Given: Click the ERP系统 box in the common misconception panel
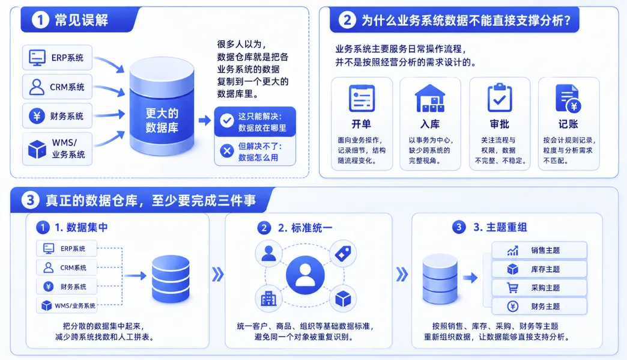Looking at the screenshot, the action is [x=57, y=58].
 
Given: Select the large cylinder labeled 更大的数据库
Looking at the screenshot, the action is [x=162, y=106].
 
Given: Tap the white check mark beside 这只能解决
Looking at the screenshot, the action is [x=227, y=120].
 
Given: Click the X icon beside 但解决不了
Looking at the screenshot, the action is [x=227, y=151].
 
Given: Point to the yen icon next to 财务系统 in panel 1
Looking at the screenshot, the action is [x=37, y=116].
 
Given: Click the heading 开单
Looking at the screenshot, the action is [x=362, y=124].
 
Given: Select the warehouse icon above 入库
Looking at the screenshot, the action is [x=430, y=98].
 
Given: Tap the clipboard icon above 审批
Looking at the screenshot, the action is [x=500, y=97].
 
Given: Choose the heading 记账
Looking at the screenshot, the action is [x=568, y=124].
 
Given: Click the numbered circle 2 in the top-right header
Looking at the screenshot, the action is [x=347, y=20].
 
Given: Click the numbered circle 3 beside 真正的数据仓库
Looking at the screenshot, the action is [x=30, y=200].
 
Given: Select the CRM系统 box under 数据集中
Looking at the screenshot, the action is [x=67, y=267].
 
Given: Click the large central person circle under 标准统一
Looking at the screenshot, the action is [x=305, y=275].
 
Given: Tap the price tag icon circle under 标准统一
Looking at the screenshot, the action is [x=343, y=254].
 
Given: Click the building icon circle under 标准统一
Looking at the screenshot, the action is [x=268, y=299].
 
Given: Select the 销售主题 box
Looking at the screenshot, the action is [x=539, y=251].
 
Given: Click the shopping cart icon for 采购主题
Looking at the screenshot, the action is [x=512, y=288].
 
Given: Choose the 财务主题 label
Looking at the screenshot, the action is [x=545, y=307].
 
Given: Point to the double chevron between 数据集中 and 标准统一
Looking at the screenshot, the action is [x=217, y=275].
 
